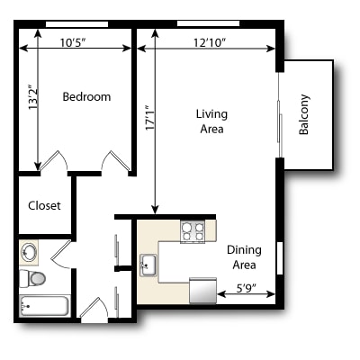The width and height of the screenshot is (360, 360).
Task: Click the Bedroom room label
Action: coord(86,96)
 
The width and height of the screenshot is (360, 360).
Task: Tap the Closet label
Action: coord(44,205)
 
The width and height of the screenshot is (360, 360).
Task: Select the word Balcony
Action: coord(303,114)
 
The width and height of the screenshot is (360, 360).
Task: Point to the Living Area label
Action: coord(211,121)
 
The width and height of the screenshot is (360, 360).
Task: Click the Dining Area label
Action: coord(244,257)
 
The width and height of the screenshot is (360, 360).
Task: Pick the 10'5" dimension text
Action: coord(73,42)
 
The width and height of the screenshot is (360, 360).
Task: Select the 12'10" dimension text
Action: coord(210,42)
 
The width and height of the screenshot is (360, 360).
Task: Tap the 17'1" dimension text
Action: coord(150,117)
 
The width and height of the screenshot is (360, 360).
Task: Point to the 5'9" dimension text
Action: coord(246,288)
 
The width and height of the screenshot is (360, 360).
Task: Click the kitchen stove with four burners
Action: coord(193,232)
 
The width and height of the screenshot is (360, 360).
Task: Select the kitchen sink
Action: coord(148,265)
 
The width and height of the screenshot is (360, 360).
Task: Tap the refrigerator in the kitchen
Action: coord(202,290)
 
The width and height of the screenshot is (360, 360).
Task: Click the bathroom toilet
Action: coord(32,278)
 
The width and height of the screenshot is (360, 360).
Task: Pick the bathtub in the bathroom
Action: coord(44,306)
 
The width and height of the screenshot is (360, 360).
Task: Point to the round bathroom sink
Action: coord(29,252)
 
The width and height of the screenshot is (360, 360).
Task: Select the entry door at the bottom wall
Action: coord(94,310)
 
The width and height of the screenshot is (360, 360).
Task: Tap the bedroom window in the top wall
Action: coord(76,24)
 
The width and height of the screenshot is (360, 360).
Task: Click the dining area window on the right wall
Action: coord(280,258)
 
